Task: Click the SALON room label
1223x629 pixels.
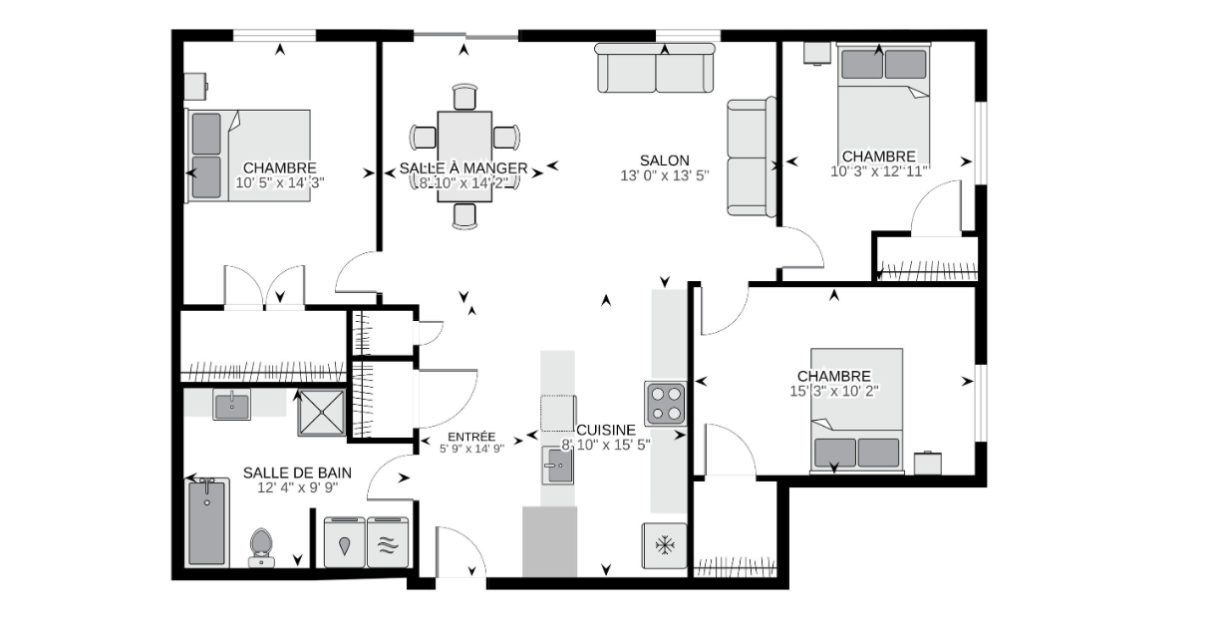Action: pyautogui.click(x=665, y=160)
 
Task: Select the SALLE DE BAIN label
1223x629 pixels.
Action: pyautogui.click(x=297, y=472)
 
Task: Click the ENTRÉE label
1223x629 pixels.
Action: pyautogui.click(x=471, y=437)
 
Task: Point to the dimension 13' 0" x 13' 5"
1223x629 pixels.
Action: pyautogui.click(x=665, y=175)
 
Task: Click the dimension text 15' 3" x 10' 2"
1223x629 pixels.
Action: pyautogui.click(x=833, y=391)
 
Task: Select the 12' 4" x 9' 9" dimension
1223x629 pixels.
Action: pyautogui.click(x=298, y=487)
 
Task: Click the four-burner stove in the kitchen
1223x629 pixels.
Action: pyautogui.click(x=665, y=404)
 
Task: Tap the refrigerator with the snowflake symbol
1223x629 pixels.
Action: pyautogui.click(x=665, y=545)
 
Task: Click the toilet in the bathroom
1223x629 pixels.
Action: pyautogui.click(x=261, y=547)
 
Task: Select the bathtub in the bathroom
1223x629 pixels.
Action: pyautogui.click(x=207, y=522)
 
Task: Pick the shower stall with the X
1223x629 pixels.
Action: pyautogui.click(x=322, y=413)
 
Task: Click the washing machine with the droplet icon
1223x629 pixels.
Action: pyautogui.click(x=345, y=542)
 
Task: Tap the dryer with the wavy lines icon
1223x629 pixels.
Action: pyautogui.click(x=388, y=542)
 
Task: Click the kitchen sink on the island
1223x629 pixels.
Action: pyautogui.click(x=558, y=466)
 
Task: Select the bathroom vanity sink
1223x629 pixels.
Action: pyautogui.click(x=232, y=405)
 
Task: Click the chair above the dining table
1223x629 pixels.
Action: pyautogui.click(x=464, y=97)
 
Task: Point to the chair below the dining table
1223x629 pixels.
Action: pyautogui.click(x=464, y=215)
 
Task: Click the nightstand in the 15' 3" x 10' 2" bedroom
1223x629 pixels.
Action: pyautogui.click(x=928, y=463)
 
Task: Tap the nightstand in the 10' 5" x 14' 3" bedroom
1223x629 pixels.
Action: pyautogui.click(x=195, y=87)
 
